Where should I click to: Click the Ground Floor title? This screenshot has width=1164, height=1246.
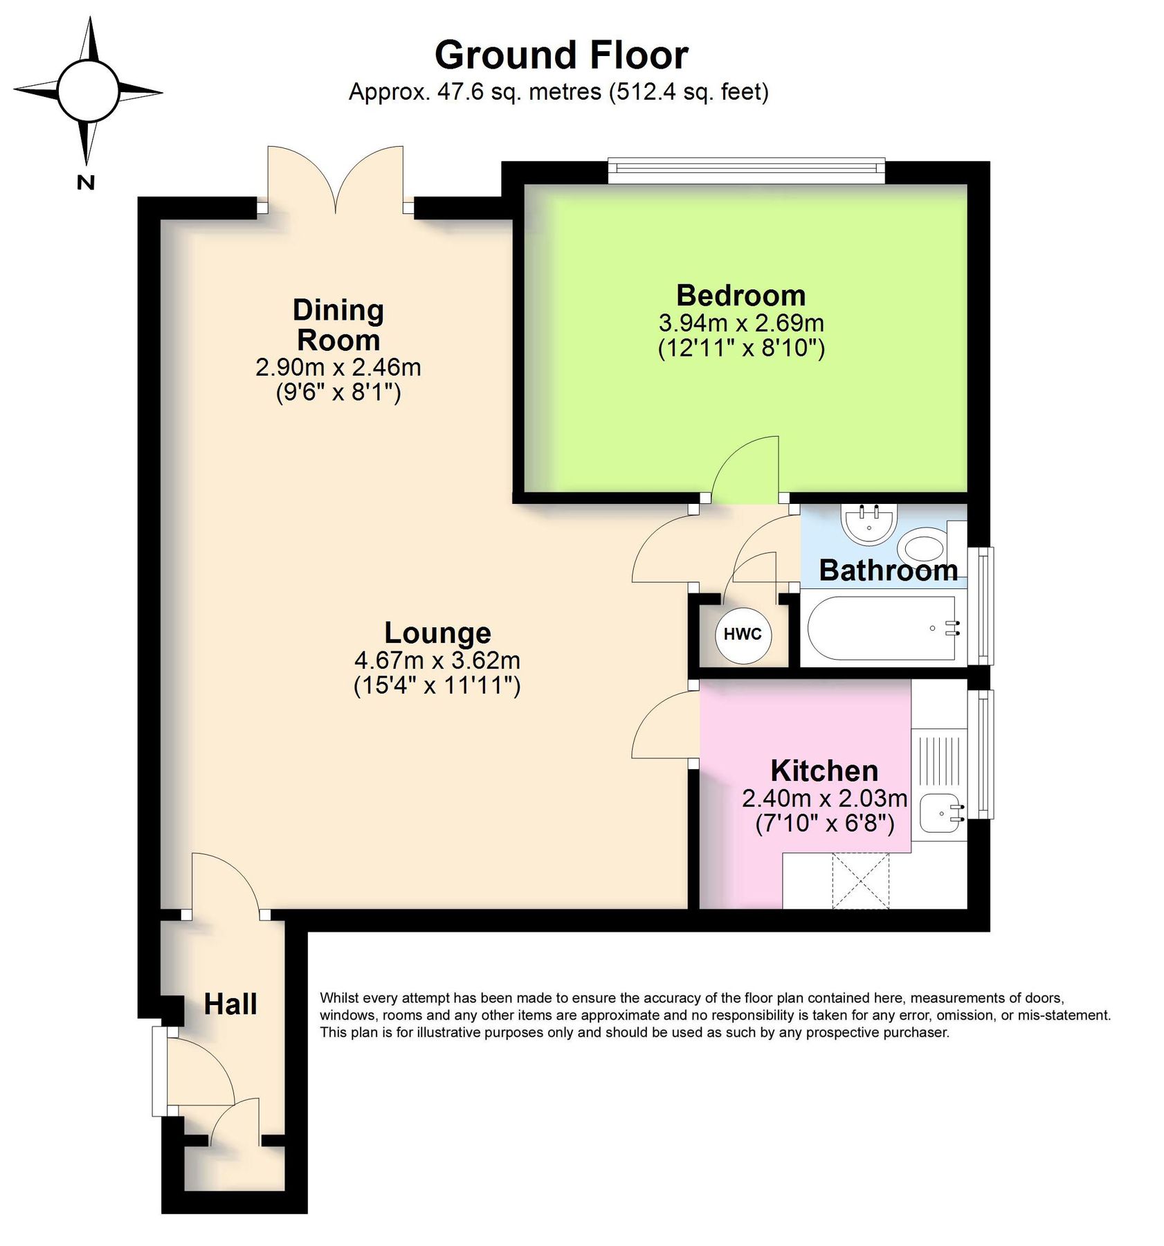pos(561,55)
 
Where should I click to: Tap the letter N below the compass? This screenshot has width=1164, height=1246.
pos(85,183)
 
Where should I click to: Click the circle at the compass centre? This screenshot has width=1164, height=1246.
pos(89,91)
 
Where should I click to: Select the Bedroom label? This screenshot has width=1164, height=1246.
pos(740,296)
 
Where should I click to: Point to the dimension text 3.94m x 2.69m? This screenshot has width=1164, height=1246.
pos(740,323)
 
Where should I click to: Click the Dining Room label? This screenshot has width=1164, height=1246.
pos(338,325)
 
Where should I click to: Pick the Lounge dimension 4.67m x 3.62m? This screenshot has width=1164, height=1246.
pos(437,660)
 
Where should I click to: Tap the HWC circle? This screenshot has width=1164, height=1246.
pos(743,634)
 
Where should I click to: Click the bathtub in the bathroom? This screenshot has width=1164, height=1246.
pos(882,629)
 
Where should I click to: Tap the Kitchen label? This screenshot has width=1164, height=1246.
pos(824,770)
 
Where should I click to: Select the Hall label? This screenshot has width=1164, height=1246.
pos(230,1004)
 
